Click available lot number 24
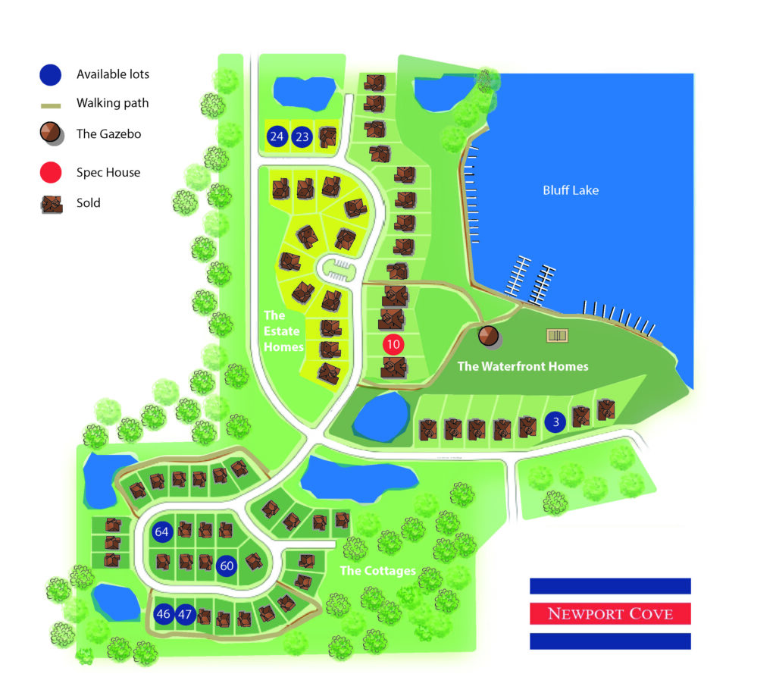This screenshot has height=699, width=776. click(x=277, y=137)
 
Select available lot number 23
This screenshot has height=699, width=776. click(x=302, y=137)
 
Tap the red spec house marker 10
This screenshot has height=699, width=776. click(x=393, y=344)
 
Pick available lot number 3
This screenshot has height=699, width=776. click(x=555, y=423)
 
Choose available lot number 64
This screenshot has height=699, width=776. click(x=161, y=531)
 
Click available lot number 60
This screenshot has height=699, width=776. click(x=226, y=566)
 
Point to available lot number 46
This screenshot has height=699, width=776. click(x=163, y=613)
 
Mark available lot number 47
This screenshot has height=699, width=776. click(x=185, y=613)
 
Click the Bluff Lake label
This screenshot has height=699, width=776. click(x=570, y=190)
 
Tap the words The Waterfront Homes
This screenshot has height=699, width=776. click(x=522, y=367)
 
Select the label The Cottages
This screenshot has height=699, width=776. click(x=377, y=570)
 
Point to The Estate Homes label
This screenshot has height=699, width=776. click(x=282, y=331)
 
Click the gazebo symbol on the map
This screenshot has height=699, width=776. click(x=488, y=336)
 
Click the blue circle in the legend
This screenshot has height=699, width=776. click(x=51, y=74)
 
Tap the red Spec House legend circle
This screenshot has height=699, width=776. click(x=51, y=172)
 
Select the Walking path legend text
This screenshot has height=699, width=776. click(x=113, y=103)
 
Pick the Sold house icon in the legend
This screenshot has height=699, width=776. click(x=51, y=203)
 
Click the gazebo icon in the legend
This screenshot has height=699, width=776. click(x=51, y=133)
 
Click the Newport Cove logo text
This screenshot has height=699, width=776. click(x=610, y=613)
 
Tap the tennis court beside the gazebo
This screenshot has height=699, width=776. click(x=557, y=334)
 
